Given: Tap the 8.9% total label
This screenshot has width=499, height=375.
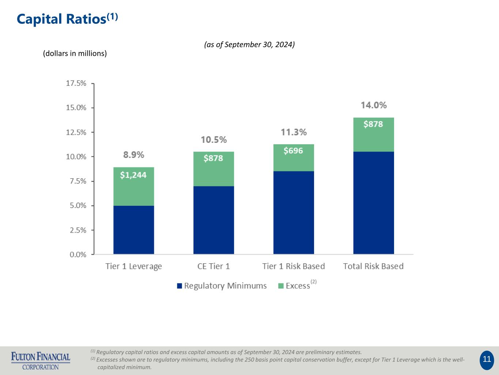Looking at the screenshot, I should pyautogui.click(x=133, y=155).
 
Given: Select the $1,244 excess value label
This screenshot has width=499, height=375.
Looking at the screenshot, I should pyautogui.click(x=133, y=175).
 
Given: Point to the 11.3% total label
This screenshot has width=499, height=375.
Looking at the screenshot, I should pyautogui.click(x=294, y=132).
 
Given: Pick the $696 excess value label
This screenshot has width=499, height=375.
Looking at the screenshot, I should pyautogui.click(x=293, y=151).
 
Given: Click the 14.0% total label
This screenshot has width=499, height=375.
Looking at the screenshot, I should pyautogui.click(x=374, y=105).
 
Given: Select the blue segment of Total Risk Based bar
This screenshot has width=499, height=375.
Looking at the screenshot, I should pyautogui.click(x=374, y=203).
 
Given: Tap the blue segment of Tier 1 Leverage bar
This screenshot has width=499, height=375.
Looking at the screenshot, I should pyautogui.click(x=133, y=230).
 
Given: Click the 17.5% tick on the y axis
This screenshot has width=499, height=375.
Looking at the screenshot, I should pyautogui.click(x=76, y=83).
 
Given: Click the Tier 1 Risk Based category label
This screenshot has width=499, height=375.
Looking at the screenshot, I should pyautogui.click(x=294, y=266).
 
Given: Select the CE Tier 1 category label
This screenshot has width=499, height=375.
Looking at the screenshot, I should pyautogui.click(x=213, y=266).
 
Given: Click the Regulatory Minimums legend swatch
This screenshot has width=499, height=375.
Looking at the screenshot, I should pyautogui.click(x=179, y=286).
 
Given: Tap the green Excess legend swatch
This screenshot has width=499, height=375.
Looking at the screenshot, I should pyautogui.click(x=281, y=286).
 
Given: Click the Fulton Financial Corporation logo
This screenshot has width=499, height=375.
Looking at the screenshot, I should pyautogui.click(x=41, y=361).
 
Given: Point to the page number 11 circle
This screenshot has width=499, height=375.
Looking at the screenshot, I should pyautogui.click(x=487, y=359).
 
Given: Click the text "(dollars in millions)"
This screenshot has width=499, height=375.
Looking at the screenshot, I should pyautogui.click(x=75, y=53).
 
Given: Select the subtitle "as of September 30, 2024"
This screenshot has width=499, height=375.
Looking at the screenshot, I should pyautogui.click(x=249, y=45).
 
